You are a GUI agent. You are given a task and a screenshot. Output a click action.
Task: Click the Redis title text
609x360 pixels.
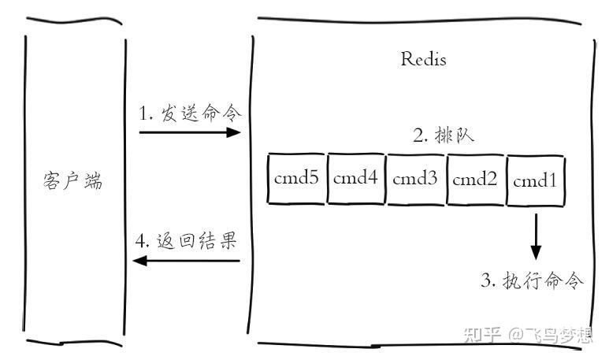pos(423,59)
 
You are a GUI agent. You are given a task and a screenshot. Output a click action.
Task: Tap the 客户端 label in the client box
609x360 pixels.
pos(72,180)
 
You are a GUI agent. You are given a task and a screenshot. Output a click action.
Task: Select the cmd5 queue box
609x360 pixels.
pos(296,178)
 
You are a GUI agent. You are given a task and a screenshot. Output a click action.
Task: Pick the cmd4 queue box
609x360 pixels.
pos(356,178)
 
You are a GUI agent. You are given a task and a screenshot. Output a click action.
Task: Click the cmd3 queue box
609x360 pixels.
pos(415,179)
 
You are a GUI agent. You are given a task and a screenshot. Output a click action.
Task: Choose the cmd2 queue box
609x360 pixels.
pos(475,180)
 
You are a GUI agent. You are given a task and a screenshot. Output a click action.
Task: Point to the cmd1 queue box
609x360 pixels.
pos(536,180)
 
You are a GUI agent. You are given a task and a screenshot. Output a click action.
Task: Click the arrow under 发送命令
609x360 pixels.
pos(190,132)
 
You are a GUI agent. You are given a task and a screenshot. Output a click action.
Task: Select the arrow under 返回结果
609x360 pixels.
pos(187,261)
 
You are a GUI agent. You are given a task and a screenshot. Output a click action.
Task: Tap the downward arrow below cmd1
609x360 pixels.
pos(536,236)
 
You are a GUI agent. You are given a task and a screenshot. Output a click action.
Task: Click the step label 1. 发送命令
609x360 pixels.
pos(191,113)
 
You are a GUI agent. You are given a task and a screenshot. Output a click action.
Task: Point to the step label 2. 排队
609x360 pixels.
pos(444,135)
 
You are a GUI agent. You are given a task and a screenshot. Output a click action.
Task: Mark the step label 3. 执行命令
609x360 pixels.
pos(532,280)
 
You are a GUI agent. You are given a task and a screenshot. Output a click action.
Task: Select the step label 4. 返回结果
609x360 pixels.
pos(186,240)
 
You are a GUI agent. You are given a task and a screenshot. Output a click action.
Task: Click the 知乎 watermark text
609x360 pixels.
pos(482,335)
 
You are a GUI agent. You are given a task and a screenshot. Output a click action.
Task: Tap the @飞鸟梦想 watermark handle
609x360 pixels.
pos(551,335)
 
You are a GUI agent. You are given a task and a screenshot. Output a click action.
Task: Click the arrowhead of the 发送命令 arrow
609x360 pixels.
pos(234,132)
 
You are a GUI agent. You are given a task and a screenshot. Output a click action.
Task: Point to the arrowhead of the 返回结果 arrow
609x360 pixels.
pos(139,261)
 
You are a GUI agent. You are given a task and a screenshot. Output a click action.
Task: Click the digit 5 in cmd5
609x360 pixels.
pos(313,177)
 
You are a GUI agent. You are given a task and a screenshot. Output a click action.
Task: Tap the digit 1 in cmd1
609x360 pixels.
pos(552,180)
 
